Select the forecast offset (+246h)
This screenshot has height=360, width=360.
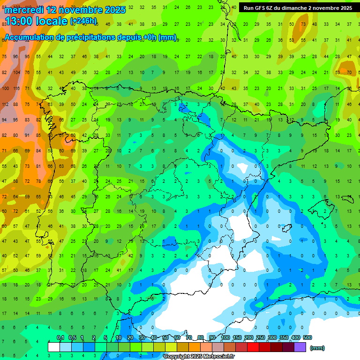click(x=83, y=21)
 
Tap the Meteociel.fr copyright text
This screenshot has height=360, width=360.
click(x=199, y=357)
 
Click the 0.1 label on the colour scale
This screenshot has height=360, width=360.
click(x=60, y=337)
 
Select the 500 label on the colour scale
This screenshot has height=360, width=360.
click(x=307, y=337)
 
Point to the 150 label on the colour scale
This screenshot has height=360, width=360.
click(x=237, y=337)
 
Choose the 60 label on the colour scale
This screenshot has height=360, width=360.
click(x=177, y=337)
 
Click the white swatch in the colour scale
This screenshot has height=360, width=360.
click(x=54, y=347)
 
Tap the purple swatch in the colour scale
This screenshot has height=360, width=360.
click(x=300, y=347)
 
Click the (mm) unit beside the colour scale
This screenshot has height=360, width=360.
click(x=317, y=348)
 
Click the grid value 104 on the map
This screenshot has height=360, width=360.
click(x=17, y=72)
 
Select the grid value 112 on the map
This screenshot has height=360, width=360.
click(x=5, y=104)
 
